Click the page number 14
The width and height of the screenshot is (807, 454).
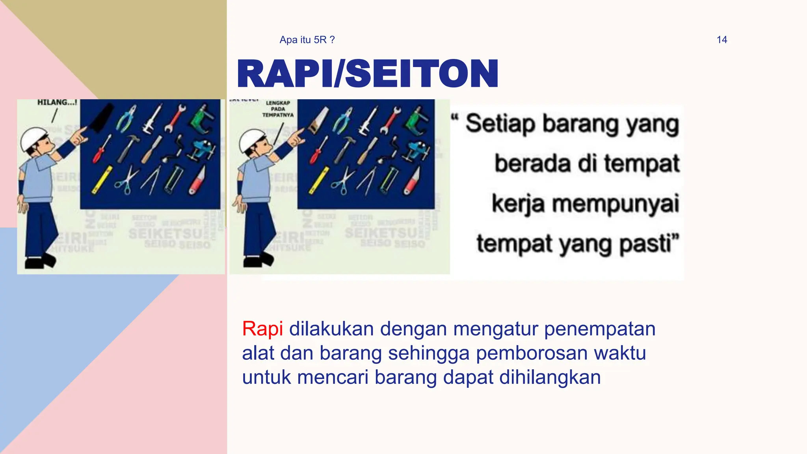(721, 40)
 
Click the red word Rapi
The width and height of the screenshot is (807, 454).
(262, 329)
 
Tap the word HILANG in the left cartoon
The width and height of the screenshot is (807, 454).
(54, 102)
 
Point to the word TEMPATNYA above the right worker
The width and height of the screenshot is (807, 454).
(278, 115)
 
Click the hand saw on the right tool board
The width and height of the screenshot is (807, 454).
(317, 120)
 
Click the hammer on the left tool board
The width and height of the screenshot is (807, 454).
(128, 148)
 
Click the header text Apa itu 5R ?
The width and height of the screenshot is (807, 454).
(307, 40)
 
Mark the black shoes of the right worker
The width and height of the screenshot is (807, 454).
(258, 260)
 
